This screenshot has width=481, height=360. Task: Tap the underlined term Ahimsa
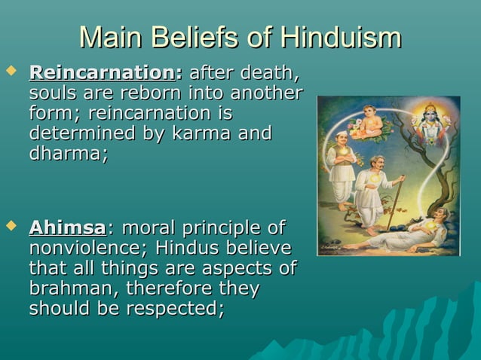[x=67, y=227]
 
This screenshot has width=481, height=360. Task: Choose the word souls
[x=54, y=94]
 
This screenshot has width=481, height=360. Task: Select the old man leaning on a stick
[x=374, y=188]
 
